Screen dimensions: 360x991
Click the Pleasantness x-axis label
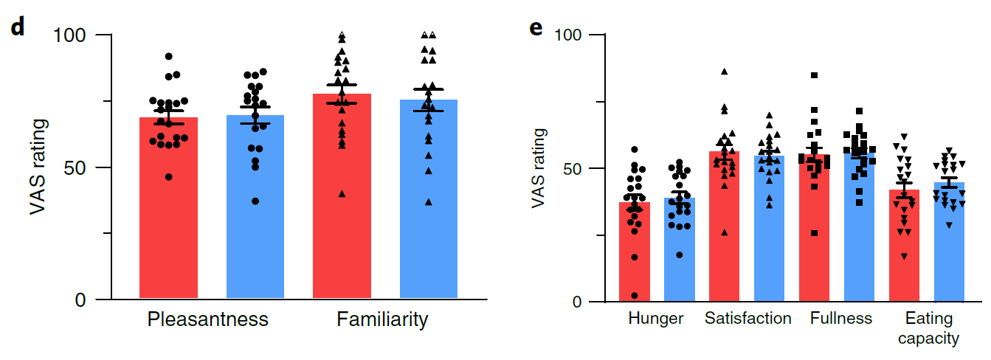208,320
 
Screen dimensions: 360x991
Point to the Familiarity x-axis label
382,320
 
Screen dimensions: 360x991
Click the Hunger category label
656,319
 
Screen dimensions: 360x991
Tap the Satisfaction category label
747,319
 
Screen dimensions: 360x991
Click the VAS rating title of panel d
38,167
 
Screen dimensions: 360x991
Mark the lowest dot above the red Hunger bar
635,296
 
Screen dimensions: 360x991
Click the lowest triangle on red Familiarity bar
341,194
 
